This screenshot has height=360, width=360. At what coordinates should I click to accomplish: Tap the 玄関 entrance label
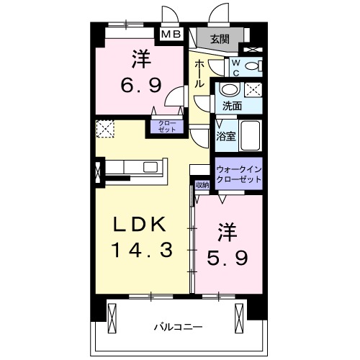[220, 40]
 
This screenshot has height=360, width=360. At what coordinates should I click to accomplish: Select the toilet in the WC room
[251, 67]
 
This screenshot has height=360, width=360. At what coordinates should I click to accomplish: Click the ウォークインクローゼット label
[239, 174]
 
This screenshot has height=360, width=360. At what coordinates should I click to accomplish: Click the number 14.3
[141, 251]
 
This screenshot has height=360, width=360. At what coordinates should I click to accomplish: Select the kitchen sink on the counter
[150, 167]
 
